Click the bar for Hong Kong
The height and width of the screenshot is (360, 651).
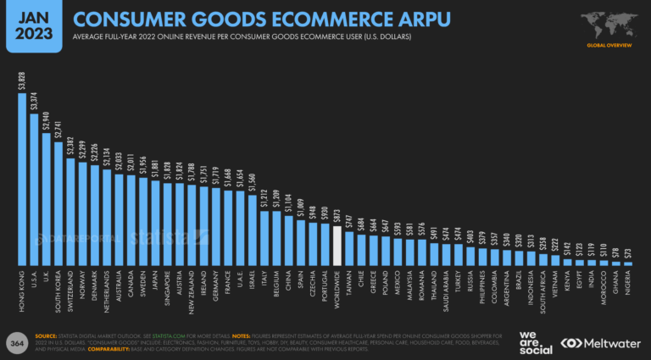22,179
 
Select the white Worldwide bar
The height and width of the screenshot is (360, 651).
337,246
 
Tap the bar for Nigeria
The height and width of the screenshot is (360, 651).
628,263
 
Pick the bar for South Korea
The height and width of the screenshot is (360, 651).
58,203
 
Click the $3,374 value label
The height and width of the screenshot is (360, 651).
34,101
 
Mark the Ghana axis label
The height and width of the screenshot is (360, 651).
616,280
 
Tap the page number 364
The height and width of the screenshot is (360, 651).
17,343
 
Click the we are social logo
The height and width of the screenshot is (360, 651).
536,342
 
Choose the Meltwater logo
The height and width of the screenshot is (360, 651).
602,343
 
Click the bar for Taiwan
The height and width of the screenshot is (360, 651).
349,249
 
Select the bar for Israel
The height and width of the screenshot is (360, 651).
253,230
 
